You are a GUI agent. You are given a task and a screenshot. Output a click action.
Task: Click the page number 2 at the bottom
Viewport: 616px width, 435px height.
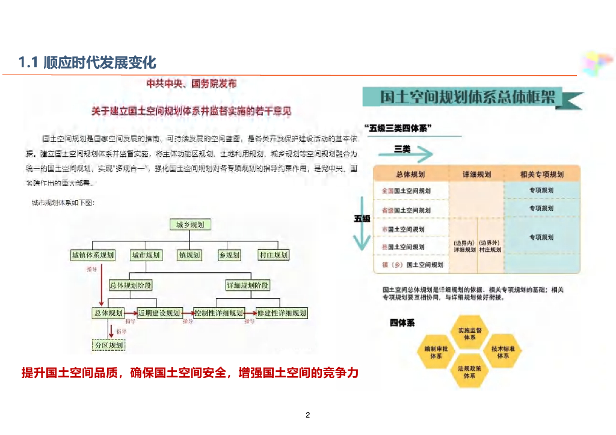coord(307,415)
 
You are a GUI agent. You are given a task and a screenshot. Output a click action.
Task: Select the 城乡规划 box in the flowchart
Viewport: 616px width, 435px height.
coord(189,225)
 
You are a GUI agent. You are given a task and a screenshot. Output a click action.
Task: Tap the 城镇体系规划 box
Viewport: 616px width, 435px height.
coord(93,255)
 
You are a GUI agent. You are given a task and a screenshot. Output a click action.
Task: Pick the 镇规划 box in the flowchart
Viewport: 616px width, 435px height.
coord(189,255)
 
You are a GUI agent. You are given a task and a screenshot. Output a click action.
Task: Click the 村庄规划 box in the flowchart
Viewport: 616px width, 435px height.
coord(274,255)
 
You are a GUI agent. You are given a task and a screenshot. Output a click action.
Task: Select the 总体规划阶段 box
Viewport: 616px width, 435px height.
coord(130,285)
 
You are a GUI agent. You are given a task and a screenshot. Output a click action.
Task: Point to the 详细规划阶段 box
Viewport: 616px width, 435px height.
coord(248,285)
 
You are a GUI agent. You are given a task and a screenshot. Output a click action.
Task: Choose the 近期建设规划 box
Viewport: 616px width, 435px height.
coord(159,313)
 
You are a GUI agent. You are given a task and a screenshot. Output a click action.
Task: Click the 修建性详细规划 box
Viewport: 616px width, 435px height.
coord(282,313)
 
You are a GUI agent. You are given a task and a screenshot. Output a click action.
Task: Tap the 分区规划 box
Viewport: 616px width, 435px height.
coord(109,345)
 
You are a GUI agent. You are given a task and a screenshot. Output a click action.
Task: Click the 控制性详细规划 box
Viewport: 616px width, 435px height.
coord(219,313)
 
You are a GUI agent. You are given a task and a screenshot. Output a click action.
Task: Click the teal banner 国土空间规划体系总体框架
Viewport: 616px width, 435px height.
coord(469,98)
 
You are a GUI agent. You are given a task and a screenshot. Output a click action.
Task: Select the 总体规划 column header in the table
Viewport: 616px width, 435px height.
coord(411,174)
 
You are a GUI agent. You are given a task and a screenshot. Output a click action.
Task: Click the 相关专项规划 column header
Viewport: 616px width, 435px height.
coord(542,174)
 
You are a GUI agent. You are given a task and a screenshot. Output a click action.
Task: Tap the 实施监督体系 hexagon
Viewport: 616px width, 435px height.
coord(470,334)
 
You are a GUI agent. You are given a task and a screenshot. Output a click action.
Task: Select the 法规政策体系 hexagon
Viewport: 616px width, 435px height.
coord(470,372)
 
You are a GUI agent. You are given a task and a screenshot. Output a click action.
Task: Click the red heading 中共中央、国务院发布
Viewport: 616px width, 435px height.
coord(192,84)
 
